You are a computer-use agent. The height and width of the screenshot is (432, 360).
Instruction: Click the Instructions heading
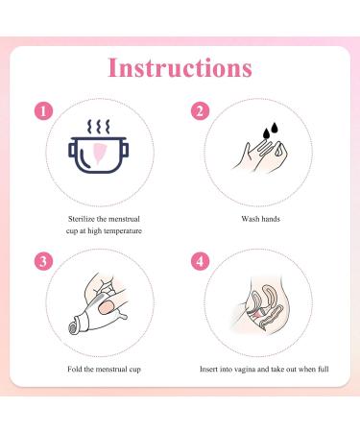180,68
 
